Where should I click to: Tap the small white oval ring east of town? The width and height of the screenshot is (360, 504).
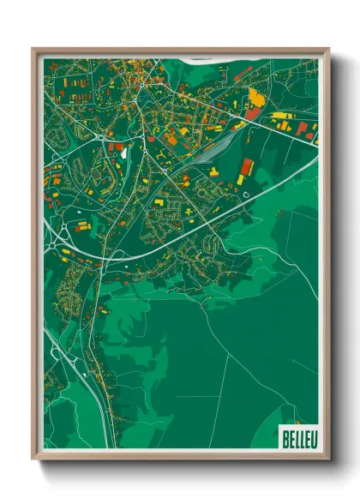point(247,194)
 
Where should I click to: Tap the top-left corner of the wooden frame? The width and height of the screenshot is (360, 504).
point(33,49)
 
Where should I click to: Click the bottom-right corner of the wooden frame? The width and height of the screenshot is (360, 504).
point(328,459)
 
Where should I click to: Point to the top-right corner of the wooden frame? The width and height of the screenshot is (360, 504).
point(328,49)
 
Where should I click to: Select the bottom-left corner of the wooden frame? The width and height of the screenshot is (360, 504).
point(33,459)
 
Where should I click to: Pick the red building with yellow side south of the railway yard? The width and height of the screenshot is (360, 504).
point(247,166)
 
